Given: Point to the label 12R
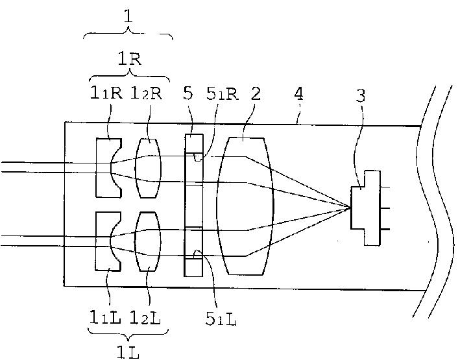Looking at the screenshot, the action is point(147,93).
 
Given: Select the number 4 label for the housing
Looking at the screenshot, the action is point(298,93).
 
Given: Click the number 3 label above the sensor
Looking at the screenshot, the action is point(361,97).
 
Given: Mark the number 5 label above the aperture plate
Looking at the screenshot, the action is point(188,93).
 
